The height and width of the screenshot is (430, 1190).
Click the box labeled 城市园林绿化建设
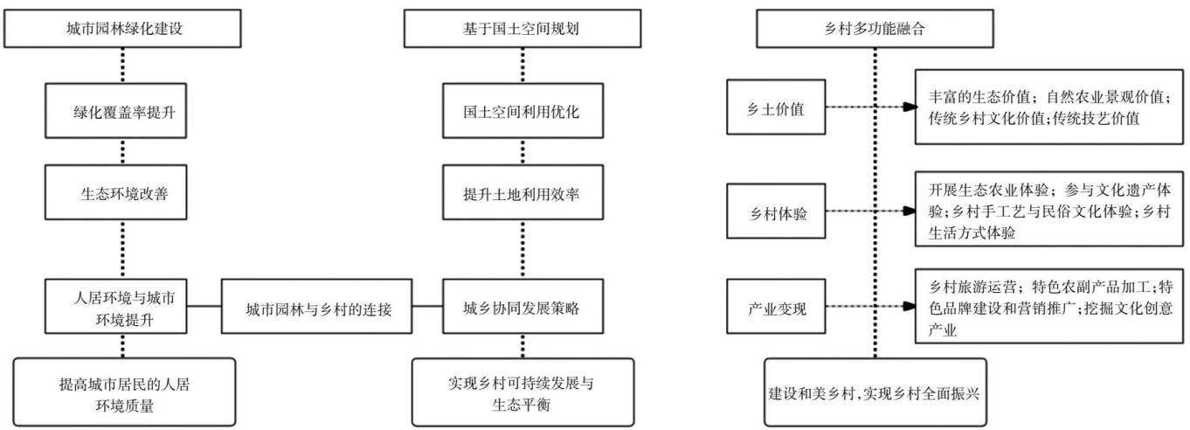[122, 29]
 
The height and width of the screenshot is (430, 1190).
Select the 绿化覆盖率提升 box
[116, 110]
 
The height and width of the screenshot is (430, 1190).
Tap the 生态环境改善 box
[116, 192]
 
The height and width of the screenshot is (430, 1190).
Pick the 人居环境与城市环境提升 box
[116, 307]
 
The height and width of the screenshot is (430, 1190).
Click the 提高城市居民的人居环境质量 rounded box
[124, 392]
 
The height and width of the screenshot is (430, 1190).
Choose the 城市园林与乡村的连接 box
[316, 307]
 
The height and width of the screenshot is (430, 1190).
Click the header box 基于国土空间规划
[522, 29]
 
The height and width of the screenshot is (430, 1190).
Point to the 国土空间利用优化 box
[522, 110]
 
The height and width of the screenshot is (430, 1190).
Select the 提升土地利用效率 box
[522, 192]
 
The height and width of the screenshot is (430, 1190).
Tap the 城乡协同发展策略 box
[522, 307]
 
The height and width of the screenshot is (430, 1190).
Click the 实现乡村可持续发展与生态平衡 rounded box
[522, 392]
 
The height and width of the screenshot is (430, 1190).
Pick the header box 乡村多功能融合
[875, 29]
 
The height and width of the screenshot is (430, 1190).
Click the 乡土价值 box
[776, 107]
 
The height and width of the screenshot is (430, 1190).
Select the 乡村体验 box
[776, 211]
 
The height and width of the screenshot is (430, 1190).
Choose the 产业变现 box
[776, 307]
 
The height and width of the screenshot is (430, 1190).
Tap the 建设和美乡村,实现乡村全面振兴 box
[875, 392]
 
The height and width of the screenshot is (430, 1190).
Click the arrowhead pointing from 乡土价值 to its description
[910, 107]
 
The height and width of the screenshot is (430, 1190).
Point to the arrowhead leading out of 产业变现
[910, 306]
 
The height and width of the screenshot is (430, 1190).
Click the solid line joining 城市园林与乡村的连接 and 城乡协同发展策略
[427, 306]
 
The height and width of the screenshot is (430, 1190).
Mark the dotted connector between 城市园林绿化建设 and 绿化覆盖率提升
[122, 66]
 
